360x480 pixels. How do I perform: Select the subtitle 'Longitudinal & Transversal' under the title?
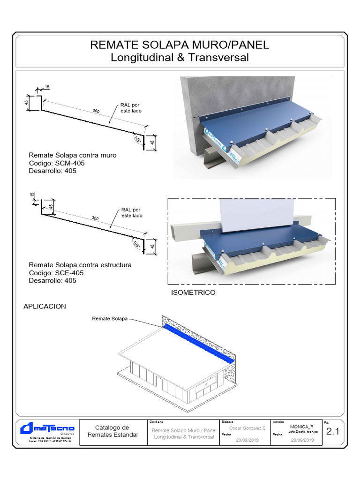[180, 58]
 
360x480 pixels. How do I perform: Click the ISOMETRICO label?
[194, 292]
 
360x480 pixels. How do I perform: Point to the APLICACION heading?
[45, 307]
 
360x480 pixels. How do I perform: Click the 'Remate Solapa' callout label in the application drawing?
[110, 319]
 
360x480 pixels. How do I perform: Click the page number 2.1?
[332, 432]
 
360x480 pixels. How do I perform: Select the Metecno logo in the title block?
[47, 428]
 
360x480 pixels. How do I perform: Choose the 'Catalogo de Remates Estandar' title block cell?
[112, 431]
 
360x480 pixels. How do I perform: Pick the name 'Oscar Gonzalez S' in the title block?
[247, 428]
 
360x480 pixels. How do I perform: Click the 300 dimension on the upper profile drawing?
[96, 111]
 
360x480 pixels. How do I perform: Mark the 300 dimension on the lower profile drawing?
[95, 218]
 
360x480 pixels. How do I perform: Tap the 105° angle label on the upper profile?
[137, 140]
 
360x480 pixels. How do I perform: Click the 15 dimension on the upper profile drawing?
[48, 87]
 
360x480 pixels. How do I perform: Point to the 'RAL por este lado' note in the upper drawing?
[131, 108]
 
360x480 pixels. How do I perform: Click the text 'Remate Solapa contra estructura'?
[80, 265]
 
